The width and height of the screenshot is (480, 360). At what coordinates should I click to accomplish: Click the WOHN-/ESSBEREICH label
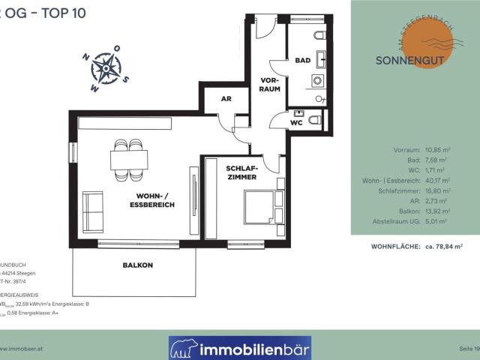[146, 199]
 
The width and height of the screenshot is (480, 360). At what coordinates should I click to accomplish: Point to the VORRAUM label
[270, 84]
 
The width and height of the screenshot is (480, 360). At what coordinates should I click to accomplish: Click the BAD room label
[303, 60]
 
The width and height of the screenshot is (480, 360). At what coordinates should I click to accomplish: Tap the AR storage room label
[225, 99]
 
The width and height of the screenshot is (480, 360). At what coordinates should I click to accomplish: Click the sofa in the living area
[93, 206]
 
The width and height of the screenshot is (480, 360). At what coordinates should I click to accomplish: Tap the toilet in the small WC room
[316, 118]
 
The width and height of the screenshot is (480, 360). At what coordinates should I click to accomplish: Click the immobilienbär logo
[239, 347]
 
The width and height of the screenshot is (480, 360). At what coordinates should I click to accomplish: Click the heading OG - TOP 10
[34, 13]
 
